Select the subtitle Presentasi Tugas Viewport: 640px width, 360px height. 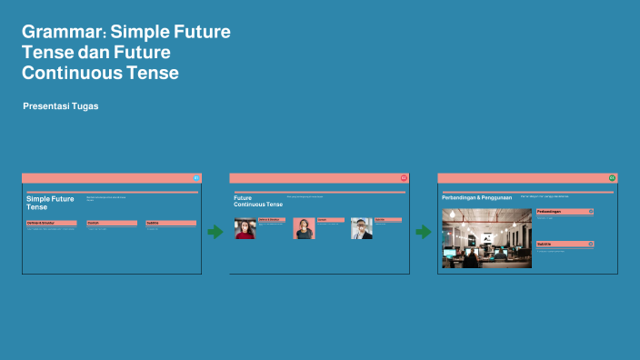(60, 106)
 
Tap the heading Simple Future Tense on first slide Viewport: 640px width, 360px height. (50, 203)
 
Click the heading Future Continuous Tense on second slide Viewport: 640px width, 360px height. (257, 201)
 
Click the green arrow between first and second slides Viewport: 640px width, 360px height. (215, 232)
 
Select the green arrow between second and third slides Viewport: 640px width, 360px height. (423, 232)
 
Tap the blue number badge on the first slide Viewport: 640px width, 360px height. (196, 178)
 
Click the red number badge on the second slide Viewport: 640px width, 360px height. (404, 178)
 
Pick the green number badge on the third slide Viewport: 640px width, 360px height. (612, 178)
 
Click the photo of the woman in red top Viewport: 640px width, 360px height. (245, 228)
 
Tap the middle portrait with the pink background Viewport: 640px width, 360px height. (304, 228)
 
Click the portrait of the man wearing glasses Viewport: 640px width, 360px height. (362, 228)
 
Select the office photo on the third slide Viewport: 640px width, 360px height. (485, 238)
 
